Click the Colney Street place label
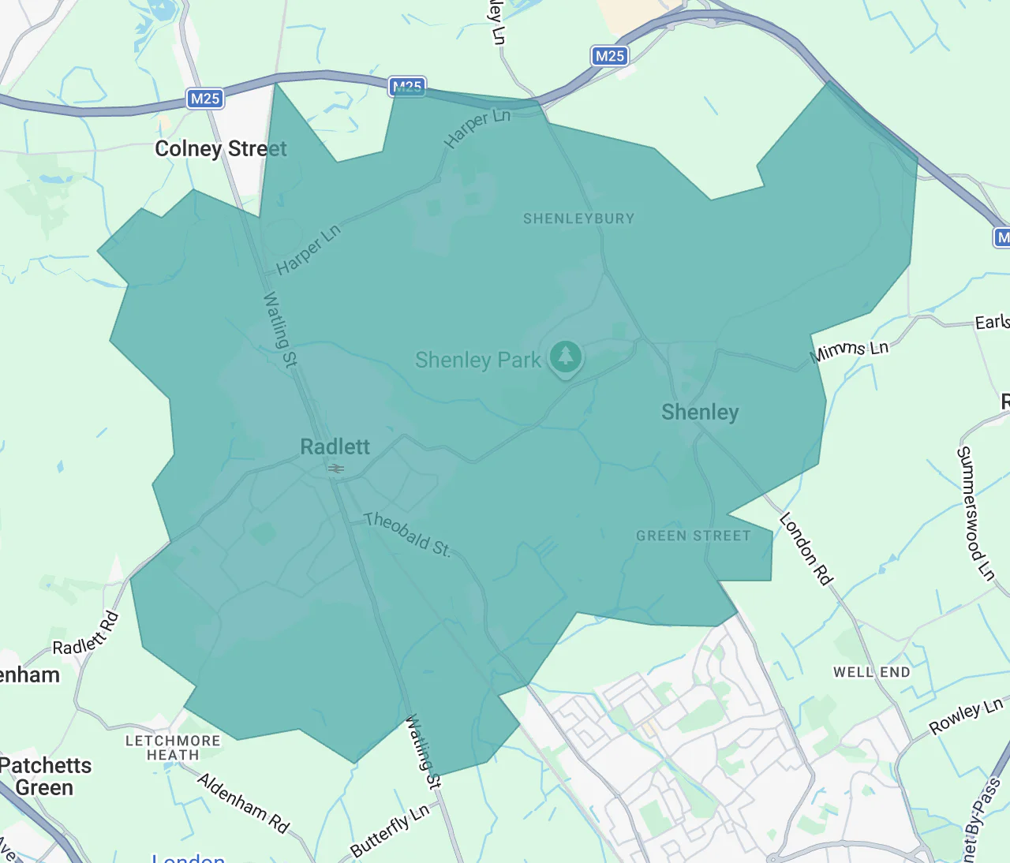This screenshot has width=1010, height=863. tap(221, 149)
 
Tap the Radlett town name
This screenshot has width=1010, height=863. tap(335, 447)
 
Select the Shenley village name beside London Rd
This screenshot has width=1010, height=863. tap(700, 413)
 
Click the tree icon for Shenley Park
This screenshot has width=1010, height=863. tap(565, 357)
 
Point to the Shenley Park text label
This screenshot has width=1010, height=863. tap(477, 361)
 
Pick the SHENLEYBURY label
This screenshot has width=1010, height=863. tap(578, 219)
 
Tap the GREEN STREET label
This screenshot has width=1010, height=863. tap(694, 536)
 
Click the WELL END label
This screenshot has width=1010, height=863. tap(872, 672)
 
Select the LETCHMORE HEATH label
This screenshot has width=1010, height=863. tap(173, 748)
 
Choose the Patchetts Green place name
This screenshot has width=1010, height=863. tap(45, 776)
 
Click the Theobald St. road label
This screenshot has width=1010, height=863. tap(407, 534)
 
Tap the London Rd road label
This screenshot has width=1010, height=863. tap(806, 549)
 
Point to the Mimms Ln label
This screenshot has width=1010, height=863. tap(849, 351)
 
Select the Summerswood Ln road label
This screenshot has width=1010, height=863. tap(975, 514)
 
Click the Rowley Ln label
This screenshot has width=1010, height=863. tap(966, 716)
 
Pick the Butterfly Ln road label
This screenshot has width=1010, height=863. tap(391, 831)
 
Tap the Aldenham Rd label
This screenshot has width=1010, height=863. tap(243, 803)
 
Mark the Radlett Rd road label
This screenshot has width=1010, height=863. tap(86, 634)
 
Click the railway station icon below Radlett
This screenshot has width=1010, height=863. tap(336, 469)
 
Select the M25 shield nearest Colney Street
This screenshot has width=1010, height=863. tap(205, 99)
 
